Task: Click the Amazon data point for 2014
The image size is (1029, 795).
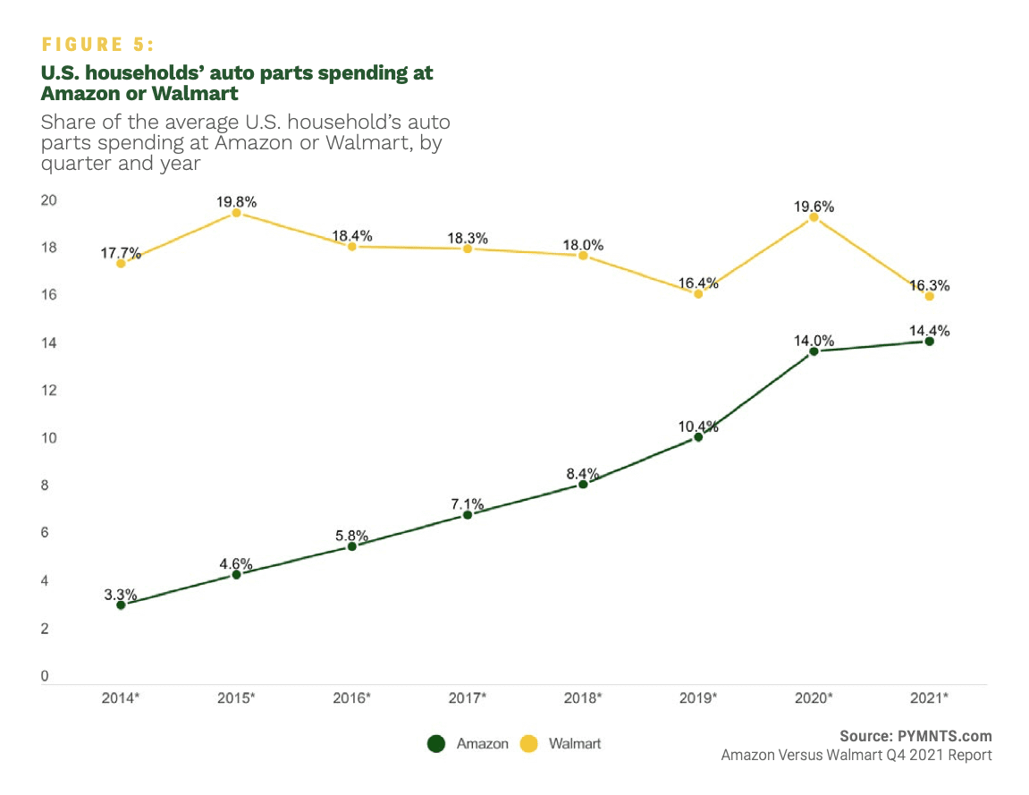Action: pos(121,605)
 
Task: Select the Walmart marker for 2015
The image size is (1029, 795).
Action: pos(236,213)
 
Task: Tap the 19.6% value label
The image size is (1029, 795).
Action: pos(814,206)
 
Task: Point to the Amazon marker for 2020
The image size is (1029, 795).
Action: pos(814,351)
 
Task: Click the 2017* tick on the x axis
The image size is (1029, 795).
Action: pos(467,697)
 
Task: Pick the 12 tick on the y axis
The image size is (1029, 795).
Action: pos(49,391)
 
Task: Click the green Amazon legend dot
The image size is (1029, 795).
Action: pos(436,743)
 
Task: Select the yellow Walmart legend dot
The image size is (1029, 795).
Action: pos(528,743)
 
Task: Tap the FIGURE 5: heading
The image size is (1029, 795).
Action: pos(98,45)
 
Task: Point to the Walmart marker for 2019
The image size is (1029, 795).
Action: pos(698,293)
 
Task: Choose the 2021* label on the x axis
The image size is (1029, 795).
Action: pos(929,697)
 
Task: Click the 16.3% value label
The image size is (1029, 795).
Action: pos(929,286)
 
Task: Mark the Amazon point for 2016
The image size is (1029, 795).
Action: pos(351,546)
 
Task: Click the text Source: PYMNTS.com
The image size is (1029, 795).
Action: pos(915,736)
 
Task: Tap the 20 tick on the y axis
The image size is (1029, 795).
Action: pos(49,200)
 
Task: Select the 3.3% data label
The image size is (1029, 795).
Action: pos(121,595)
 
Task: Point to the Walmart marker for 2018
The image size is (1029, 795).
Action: pos(583,256)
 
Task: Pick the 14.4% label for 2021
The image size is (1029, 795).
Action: pos(929,331)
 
